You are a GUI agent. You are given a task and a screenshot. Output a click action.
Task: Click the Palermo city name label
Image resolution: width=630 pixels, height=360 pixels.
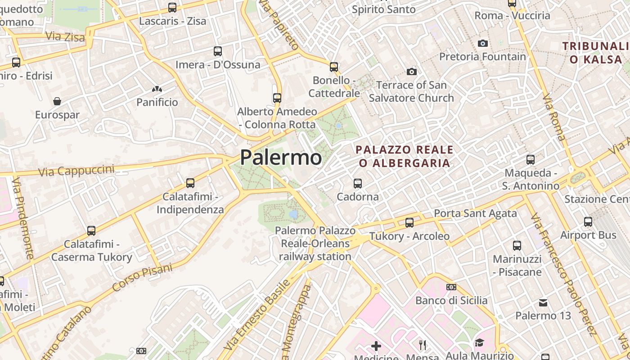coord(281,157)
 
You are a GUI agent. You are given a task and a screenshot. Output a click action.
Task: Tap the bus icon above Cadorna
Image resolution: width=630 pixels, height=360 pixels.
coord(358,184)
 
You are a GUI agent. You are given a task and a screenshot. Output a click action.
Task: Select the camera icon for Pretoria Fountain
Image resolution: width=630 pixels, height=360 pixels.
coord(483,43)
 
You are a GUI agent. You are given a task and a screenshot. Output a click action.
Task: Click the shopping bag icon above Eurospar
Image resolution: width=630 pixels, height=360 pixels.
coord(57,101)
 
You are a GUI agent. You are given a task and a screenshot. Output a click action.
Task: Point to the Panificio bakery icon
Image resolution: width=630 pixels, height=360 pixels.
coord(157,89)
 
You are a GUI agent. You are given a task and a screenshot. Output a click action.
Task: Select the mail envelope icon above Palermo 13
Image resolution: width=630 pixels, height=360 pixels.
coord(543,302)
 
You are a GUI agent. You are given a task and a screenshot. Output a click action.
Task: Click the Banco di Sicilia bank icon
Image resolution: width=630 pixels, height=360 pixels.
coord(451,287)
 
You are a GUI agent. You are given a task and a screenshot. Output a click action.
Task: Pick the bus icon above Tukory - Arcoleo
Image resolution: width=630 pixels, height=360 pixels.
coord(409,222)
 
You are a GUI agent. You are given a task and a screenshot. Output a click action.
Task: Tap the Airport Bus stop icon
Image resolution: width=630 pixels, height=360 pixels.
coord(588,221)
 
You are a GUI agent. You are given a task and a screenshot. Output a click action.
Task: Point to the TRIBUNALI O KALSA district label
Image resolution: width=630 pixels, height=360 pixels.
coord(595,53)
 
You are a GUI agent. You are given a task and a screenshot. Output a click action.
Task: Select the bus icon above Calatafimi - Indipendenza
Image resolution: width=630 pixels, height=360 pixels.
coord(190,183)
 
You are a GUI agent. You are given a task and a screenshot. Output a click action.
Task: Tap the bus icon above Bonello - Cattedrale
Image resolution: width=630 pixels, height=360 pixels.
coord(334,67)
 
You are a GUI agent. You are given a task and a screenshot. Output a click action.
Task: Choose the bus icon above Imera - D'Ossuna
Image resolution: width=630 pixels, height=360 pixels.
coord(218,51)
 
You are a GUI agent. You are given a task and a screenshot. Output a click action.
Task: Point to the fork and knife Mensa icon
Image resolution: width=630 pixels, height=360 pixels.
coord(423,345)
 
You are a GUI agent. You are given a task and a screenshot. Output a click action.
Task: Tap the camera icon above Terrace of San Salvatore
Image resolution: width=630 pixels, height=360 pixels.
coord(411,72)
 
